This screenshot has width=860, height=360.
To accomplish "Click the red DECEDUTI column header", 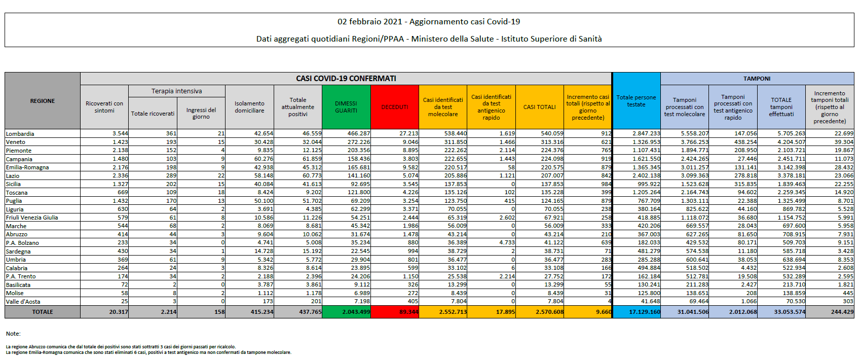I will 395,107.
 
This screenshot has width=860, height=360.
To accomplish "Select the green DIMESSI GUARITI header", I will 346,107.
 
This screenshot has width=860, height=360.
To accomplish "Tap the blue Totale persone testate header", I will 636,101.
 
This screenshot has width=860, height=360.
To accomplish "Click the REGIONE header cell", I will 43,101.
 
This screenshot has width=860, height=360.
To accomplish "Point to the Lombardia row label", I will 20,134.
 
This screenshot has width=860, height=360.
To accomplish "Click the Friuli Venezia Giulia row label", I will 32,218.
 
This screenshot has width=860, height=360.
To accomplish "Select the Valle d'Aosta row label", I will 23,302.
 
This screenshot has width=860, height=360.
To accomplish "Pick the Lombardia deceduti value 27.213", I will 408,134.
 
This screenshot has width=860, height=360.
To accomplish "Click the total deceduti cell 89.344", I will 408,312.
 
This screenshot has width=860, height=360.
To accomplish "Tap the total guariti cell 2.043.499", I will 356,312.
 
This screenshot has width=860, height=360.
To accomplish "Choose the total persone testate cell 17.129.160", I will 644,312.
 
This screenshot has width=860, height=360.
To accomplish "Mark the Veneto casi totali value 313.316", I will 552,142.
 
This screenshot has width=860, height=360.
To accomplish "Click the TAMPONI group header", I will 757,79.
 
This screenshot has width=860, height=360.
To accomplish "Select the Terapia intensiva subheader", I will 176,91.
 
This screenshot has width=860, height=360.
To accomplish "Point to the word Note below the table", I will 13,334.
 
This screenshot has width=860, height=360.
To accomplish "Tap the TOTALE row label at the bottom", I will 43,312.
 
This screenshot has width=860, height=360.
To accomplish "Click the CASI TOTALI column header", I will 539,107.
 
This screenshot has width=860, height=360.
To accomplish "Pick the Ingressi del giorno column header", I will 201,113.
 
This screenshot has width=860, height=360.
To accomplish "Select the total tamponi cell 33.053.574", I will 789,312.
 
